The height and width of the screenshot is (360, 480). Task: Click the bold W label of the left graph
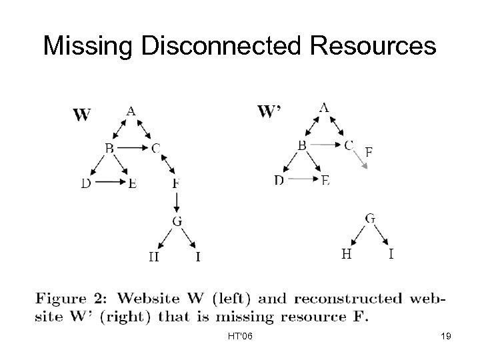(x=81, y=115)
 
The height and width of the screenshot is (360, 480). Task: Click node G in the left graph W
(x=177, y=221)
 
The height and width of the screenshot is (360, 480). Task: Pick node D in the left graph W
(x=87, y=184)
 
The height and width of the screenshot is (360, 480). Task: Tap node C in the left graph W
(x=155, y=148)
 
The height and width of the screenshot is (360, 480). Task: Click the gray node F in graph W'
(x=369, y=152)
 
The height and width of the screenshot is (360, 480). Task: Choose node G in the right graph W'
(x=369, y=217)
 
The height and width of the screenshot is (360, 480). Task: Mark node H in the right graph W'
(x=347, y=253)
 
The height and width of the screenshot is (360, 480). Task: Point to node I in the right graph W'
(x=391, y=253)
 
